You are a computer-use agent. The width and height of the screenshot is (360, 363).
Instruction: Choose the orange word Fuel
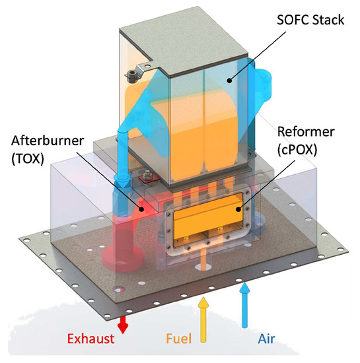(179, 339)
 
